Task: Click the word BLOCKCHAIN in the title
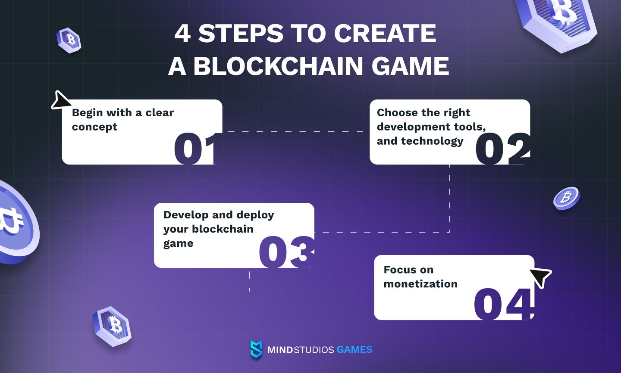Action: coord(278,65)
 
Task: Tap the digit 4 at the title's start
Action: coord(183,33)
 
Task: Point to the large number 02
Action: coord(503,149)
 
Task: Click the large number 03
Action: coord(287,252)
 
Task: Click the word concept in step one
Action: coord(94,127)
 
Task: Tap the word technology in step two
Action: coord(432,141)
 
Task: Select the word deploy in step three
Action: coord(255,215)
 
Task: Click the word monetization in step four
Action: coord(420,284)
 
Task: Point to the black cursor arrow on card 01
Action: coord(61,100)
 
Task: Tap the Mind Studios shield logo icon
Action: coord(256,350)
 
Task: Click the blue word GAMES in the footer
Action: coord(354,349)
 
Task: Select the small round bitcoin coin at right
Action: coord(566,198)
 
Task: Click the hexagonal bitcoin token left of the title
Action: coord(69,40)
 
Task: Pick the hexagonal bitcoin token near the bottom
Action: coord(112,326)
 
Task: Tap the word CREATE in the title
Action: coord(385,33)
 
